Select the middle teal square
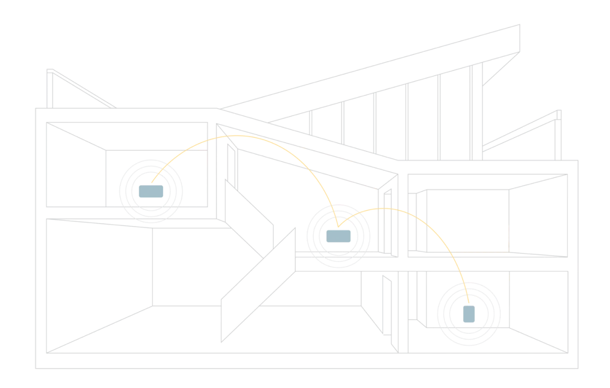(340, 236)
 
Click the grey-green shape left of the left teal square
(74, 170)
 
